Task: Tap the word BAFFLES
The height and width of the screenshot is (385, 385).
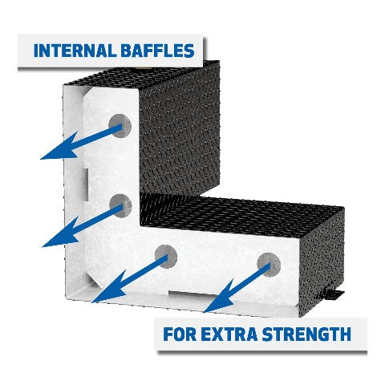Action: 157,51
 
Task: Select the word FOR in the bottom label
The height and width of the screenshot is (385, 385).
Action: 178,334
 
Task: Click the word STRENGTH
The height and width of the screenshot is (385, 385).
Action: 306,334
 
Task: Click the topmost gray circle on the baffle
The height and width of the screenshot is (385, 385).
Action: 120,126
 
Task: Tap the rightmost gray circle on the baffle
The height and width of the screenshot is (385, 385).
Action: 269,265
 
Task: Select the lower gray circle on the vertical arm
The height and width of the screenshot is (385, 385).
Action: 120,205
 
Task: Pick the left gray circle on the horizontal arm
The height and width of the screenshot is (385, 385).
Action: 166,257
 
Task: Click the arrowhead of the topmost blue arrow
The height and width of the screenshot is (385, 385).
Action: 60,147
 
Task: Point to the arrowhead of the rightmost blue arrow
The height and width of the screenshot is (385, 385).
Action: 219,298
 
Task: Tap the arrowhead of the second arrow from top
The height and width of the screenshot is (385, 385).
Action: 62,234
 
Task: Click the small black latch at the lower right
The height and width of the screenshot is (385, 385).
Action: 334,294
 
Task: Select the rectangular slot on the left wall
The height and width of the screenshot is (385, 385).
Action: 85,184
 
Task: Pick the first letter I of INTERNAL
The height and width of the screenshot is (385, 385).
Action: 36,51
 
